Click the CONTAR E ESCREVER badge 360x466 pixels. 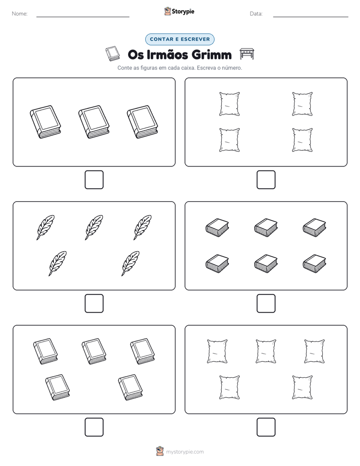coord(179,39)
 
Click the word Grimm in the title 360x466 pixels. coord(211,54)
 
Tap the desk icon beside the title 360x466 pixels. coord(247,54)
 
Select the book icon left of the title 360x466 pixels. coord(113,53)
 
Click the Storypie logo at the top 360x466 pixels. coord(179,11)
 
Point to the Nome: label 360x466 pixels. coord(20,14)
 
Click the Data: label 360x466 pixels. coord(256,14)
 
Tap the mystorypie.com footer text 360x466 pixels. coord(185,452)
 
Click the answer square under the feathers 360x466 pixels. coord(94,304)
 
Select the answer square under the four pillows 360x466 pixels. coord(266,180)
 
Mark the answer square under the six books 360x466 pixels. coord(266,304)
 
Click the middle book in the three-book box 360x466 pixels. coord(94,122)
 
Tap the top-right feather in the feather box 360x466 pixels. coord(142,227)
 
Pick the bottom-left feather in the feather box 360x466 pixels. coord(57,263)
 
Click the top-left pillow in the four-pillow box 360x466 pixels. coord(229,104)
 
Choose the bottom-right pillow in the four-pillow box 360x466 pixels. coord(303,140)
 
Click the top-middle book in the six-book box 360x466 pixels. coord(266,227)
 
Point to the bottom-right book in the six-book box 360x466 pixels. coord(314,263)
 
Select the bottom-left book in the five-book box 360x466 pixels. coord(57,387)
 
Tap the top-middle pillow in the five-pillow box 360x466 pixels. coord(266,352)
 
